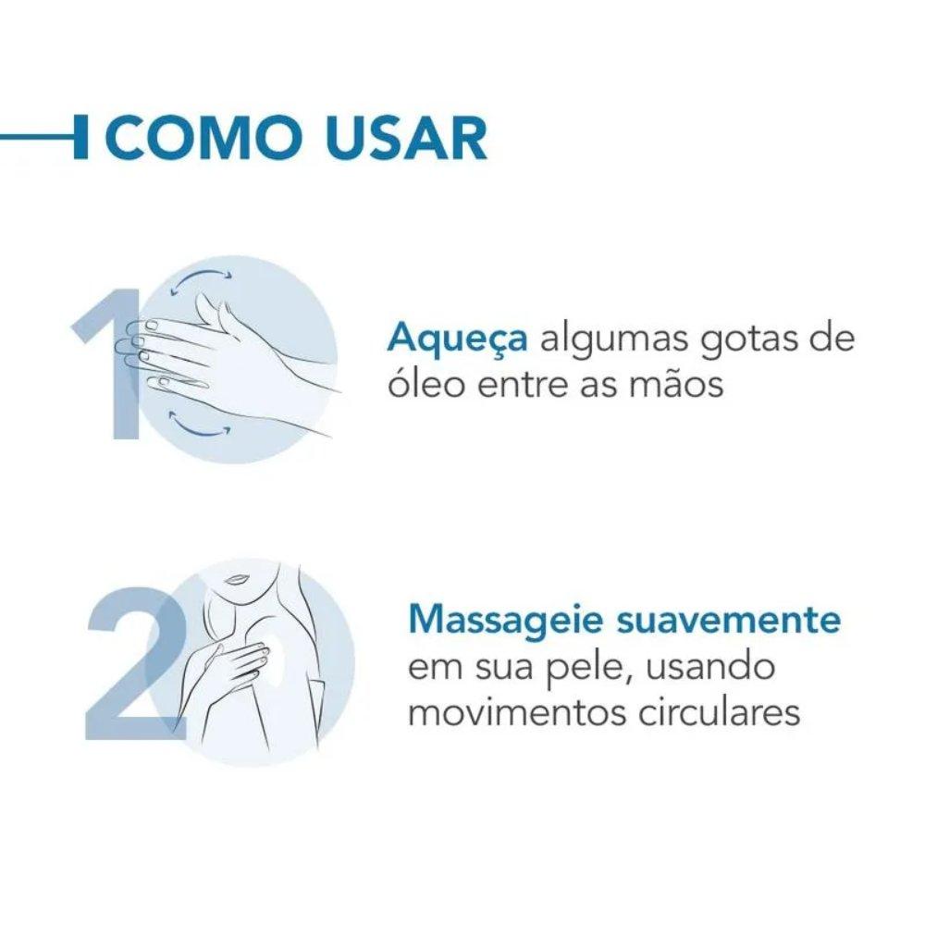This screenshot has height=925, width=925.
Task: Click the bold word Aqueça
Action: point(458,339)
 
